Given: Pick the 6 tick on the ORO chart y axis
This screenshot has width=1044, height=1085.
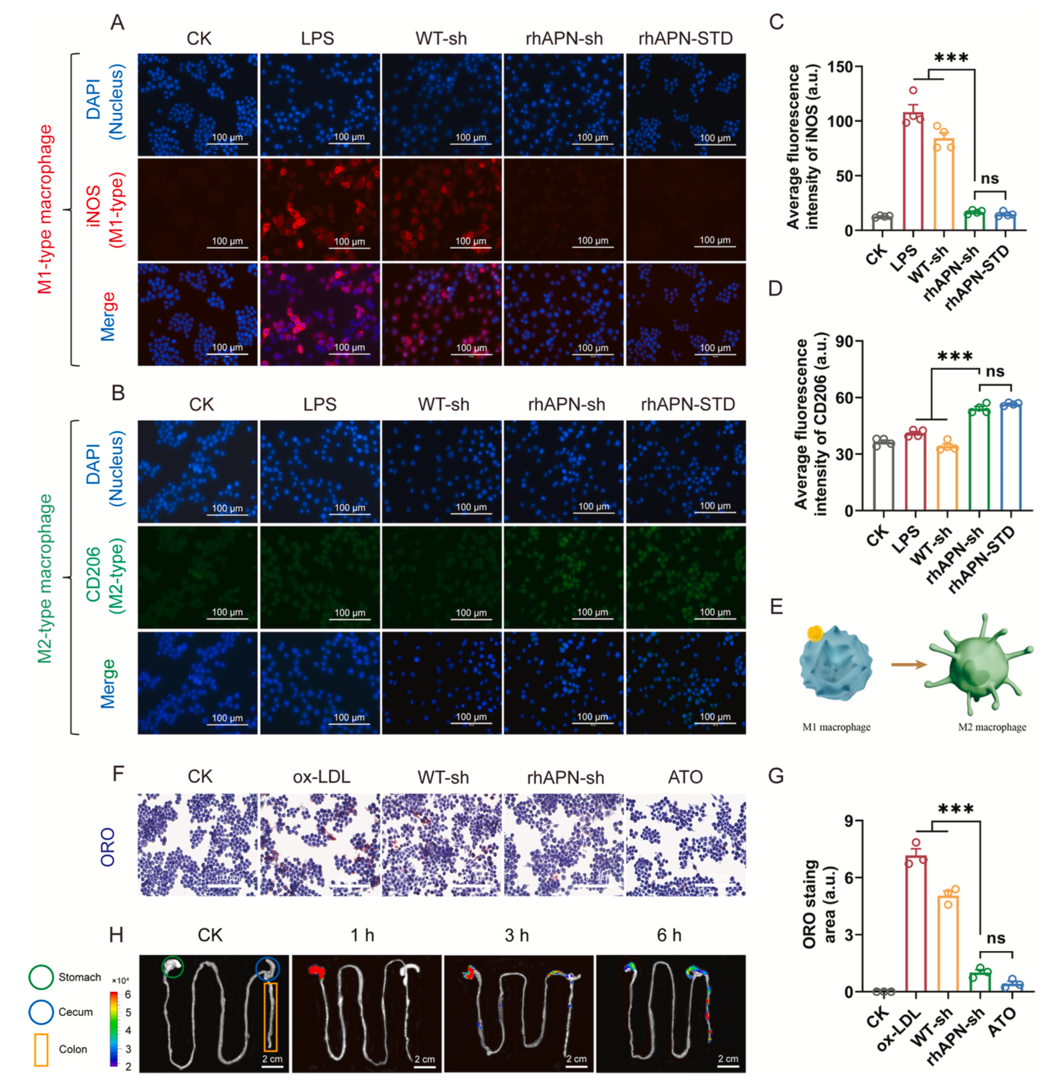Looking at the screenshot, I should pos(849,878).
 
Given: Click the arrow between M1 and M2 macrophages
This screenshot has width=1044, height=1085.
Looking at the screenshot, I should pos(909,664).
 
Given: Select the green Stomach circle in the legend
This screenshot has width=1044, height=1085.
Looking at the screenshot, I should pos(41,977).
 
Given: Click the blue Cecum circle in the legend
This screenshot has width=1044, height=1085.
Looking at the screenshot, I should pos(41,1012).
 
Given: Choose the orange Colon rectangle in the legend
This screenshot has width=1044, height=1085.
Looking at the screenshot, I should pos(41,1050).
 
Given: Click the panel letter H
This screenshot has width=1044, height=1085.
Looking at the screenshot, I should pos(116,934).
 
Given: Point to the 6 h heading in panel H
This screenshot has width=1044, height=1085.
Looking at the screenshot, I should pos(669,935).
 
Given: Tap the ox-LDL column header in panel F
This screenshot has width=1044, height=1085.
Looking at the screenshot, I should pos(321,777).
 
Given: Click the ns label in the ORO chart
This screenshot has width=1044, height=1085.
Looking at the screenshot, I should pos(995,938).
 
